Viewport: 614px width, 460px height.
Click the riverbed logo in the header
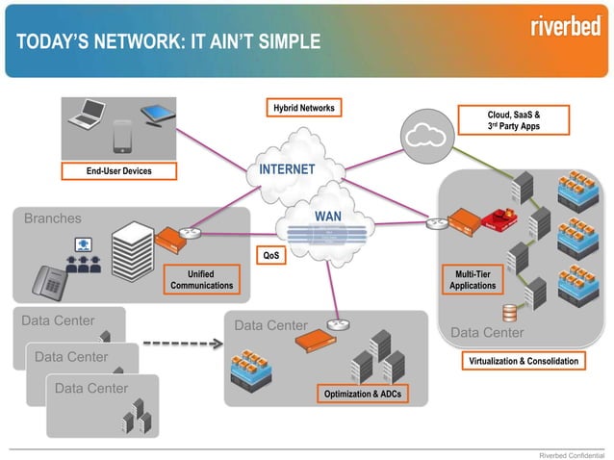(x=567, y=26)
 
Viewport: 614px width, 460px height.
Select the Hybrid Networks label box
(x=302, y=109)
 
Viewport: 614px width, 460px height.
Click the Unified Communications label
(x=201, y=279)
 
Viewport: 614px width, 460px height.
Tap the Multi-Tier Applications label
(x=473, y=279)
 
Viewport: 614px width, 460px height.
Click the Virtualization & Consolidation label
(x=524, y=361)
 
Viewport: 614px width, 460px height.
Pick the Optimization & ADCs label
(x=363, y=395)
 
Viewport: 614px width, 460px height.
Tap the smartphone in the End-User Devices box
(x=122, y=138)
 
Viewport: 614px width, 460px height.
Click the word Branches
(x=53, y=218)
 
